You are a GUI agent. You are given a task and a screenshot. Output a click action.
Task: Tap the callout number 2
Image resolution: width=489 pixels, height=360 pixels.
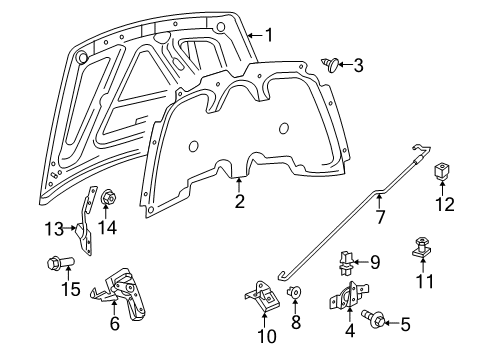(239, 201)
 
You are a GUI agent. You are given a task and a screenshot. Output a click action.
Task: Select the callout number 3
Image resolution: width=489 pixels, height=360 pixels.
(357, 66)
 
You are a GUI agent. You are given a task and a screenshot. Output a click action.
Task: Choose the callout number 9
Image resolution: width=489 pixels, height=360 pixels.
(375, 263)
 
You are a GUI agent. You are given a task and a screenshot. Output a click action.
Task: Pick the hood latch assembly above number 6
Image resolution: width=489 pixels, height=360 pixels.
(120, 290)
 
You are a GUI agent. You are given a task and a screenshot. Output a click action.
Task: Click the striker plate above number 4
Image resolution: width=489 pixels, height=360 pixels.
(346, 299)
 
